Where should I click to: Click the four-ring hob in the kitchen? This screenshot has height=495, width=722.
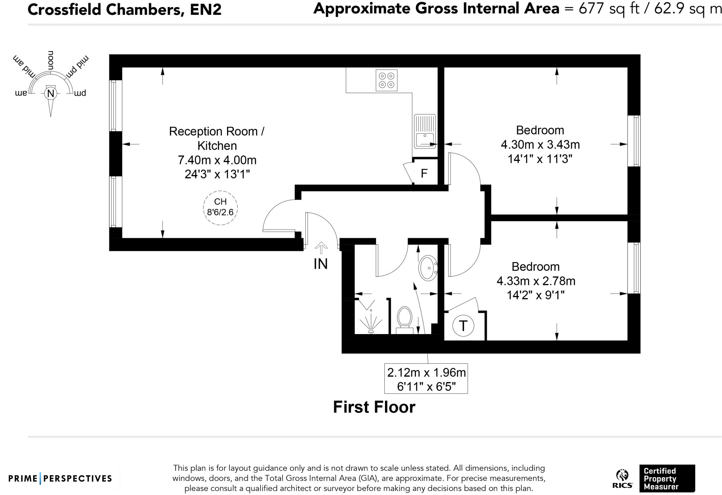tap(386, 80)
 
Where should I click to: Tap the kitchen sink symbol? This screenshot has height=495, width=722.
tap(425, 131)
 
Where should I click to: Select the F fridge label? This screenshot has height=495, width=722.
tap(424, 173)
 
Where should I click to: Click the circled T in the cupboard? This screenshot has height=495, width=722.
tap(463, 326)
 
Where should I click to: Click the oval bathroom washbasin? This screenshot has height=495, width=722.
tap(428, 268)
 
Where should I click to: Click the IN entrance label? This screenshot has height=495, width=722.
tap(320, 264)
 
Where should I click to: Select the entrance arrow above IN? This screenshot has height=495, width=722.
tap(321, 248)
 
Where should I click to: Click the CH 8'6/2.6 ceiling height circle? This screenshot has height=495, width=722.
tap(220, 208)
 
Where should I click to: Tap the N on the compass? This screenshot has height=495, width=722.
tap(51, 93)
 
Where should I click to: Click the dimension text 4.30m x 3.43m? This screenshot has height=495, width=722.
tap(540, 145)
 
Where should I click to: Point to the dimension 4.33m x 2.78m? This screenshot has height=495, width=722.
tap(536, 281)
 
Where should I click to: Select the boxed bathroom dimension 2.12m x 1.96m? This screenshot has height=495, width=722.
tap(426, 379)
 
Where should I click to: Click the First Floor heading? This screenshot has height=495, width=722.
tap(374, 407)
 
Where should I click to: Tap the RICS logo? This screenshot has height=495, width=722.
tap(622, 479)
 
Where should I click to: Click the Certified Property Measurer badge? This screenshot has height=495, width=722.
tap(667, 478)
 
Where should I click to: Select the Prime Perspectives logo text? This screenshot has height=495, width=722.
tap(60, 478)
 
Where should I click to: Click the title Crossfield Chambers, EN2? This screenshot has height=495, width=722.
tap(124, 10)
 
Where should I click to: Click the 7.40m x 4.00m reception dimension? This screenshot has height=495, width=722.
tap(217, 160)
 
